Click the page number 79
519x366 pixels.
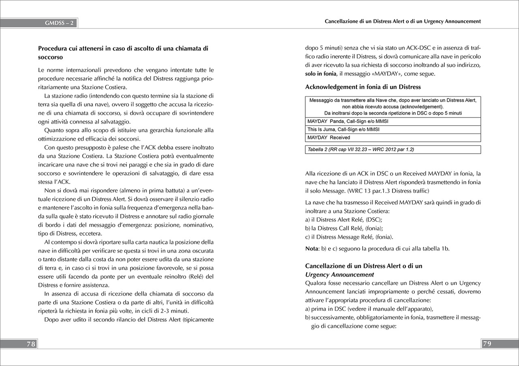click(x=487, y=344)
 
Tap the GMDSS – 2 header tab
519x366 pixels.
click(x=59, y=23)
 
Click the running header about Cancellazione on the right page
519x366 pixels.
click(x=403, y=21)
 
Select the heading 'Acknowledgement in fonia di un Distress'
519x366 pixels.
click(x=363, y=87)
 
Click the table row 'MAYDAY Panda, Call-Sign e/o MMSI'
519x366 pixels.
click(x=343, y=121)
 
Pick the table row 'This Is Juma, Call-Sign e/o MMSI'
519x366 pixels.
click(x=343, y=130)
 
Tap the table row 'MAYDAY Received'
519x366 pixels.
click(x=328, y=138)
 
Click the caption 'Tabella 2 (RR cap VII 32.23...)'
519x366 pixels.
click(x=361, y=150)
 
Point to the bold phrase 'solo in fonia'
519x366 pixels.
click(x=321, y=74)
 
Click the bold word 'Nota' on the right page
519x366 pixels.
click(x=313, y=248)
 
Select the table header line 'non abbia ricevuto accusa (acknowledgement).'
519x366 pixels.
click(x=393, y=107)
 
